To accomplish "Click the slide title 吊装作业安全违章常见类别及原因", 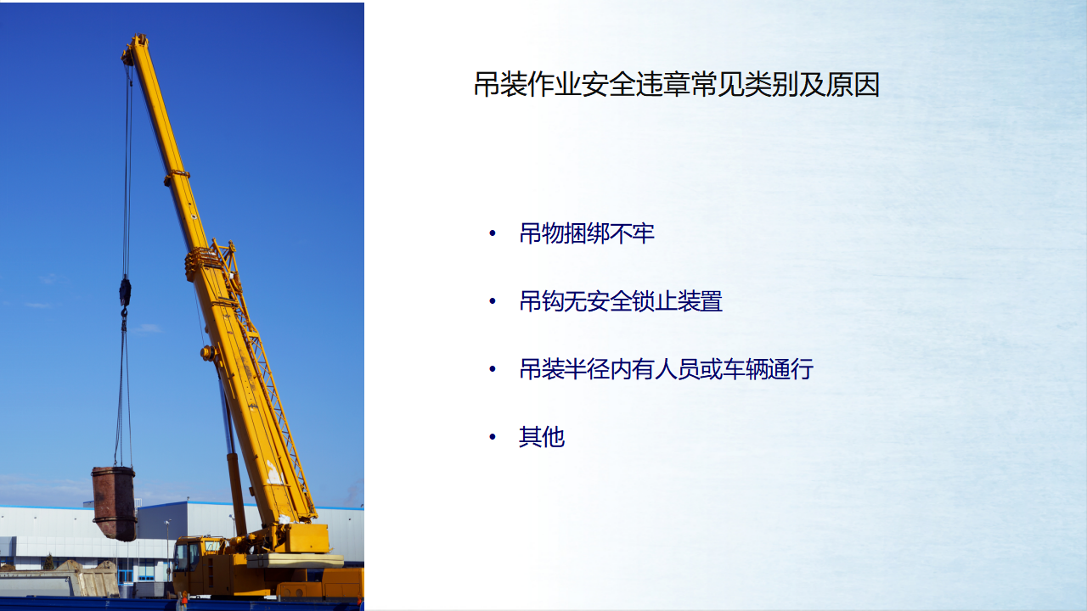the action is [x=677, y=84].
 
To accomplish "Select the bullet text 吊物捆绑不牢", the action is [x=587, y=233].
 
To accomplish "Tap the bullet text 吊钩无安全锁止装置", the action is [x=621, y=301].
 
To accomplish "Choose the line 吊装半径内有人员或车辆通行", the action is [x=667, y=369].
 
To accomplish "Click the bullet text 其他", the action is [x=542, y=437].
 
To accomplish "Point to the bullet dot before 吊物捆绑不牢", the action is [x=493, y=233].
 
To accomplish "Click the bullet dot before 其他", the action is [x=493, y=437].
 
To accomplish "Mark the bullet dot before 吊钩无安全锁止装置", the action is [x=493, y=301].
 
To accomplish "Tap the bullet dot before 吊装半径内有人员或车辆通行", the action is [x=493, y=369].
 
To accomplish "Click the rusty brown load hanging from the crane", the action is [x=115, y=503].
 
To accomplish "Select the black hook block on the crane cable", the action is [x=125, y=291].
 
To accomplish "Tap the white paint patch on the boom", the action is [x=274, y=473].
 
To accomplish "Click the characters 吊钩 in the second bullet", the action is [x=542, y=301].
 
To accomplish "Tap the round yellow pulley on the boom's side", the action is [x=208, y=353].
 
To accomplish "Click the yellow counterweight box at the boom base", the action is [x=307, y=538].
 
